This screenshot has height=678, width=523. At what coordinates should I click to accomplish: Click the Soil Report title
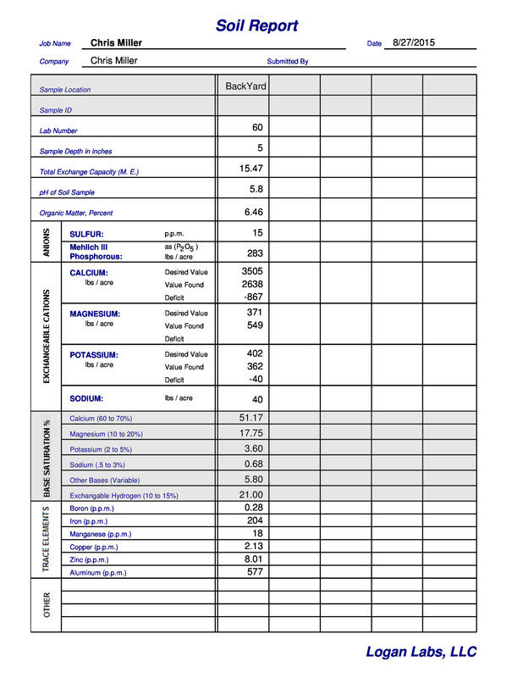(256, 25)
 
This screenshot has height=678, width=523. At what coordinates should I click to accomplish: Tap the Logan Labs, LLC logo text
(421, 652)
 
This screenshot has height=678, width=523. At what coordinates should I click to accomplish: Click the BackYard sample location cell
(245, 86)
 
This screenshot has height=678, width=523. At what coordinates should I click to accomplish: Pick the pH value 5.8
(256, 190)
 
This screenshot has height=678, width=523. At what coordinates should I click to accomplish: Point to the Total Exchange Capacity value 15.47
(251, 169)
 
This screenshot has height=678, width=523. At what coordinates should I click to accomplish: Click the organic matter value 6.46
(253, 212)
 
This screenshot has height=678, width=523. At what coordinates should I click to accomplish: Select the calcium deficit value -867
(252, 297)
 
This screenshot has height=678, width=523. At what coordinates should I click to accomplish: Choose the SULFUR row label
(86, 234)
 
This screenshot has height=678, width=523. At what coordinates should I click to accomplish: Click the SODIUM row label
(86, 398)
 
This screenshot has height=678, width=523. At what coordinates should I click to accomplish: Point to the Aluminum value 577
(255, 572)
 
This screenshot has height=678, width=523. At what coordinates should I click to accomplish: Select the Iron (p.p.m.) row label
(89, 521)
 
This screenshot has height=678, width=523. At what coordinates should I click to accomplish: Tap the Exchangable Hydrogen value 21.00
(251, 495)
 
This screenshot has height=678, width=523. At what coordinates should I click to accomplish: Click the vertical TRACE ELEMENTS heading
(47, 539)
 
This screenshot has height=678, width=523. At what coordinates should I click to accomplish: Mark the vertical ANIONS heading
(47, 242)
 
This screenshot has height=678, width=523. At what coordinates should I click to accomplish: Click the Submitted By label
(288, 62)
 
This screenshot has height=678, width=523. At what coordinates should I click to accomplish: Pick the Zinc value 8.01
(253, 559)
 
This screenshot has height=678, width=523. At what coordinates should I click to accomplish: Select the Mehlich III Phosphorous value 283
(255, 253)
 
